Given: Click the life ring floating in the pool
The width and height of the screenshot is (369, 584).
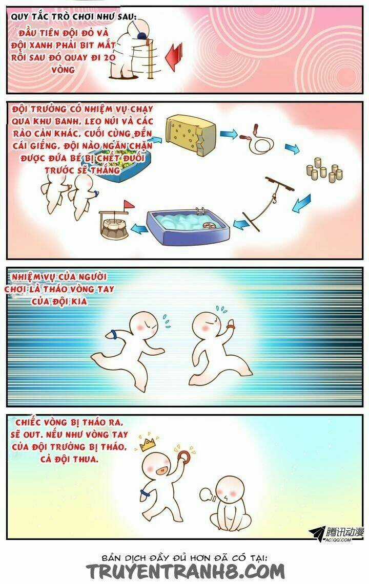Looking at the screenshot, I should (210, 227).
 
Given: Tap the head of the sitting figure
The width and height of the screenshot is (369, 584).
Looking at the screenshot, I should (229, 490).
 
